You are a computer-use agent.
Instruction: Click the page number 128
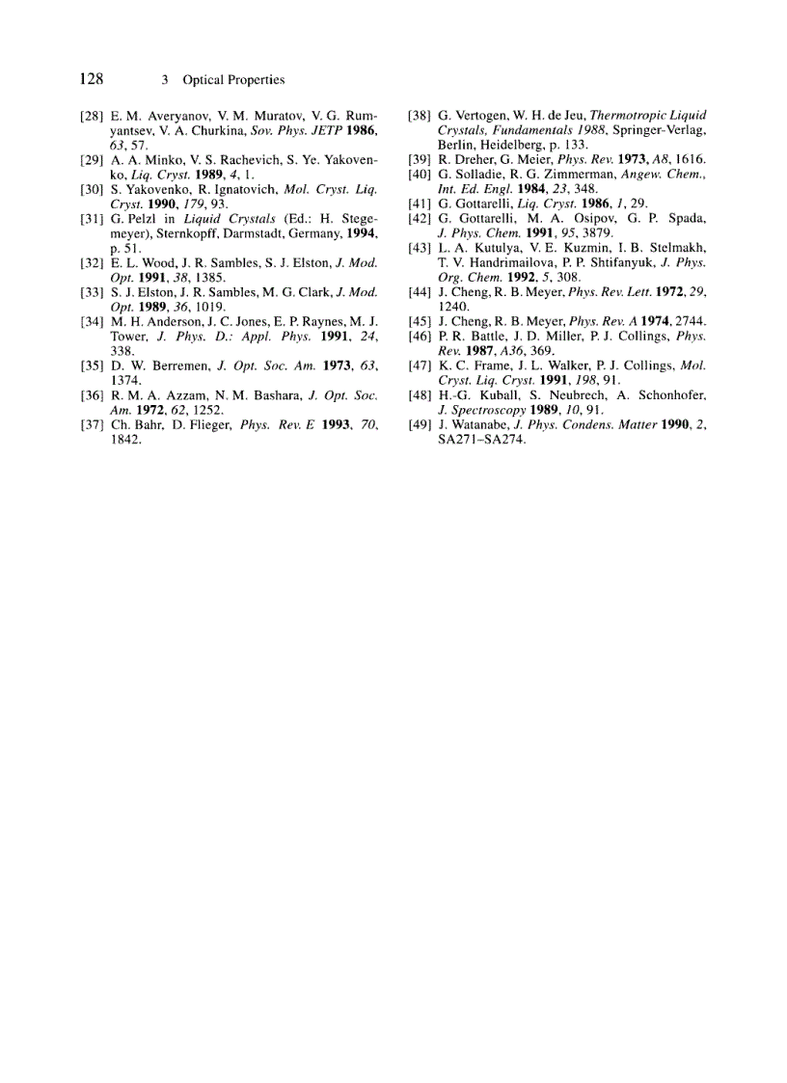(x=92, y=79)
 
